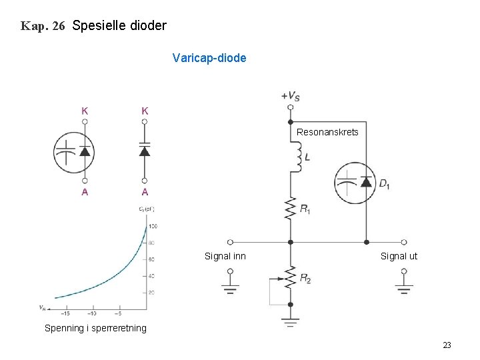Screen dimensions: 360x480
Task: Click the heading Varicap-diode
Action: (209, 58)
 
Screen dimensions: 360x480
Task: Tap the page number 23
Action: (447, 345)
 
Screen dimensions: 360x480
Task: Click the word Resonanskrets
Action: (327, 132)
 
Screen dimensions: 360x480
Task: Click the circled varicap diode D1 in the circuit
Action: (357, 183)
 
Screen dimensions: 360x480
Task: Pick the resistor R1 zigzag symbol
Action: (291, 208)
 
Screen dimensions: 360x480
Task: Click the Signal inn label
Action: (225, 256)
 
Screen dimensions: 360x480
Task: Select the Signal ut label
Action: (399, 256)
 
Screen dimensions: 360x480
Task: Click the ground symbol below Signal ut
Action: (404, 288)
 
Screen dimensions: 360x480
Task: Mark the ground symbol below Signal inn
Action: (231, 288)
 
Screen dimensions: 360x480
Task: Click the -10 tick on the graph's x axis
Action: (92, 313)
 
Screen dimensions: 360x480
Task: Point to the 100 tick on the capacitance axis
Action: (152, 227)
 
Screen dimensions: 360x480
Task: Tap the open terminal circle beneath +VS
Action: (290, 107)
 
